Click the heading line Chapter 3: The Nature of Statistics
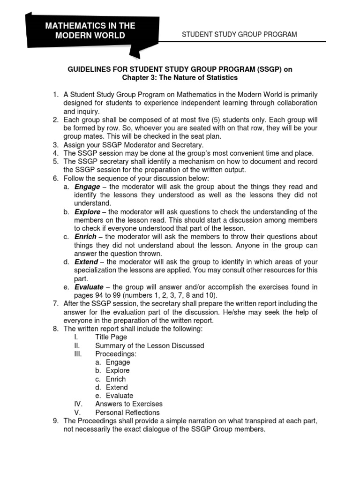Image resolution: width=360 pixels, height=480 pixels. (180, 77)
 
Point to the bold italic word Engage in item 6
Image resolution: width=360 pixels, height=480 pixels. (87, 187)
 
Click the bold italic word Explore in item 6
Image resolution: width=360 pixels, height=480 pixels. (87, 212)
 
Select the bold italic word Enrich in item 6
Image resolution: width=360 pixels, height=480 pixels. (85, 237)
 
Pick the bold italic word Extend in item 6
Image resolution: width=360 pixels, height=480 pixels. (86, 262)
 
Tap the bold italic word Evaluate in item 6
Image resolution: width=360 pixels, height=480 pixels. (89, 287)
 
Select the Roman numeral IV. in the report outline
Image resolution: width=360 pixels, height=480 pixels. (78, 404)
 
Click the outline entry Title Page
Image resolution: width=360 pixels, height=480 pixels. (111, 337)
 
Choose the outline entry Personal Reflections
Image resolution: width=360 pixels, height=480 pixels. (127, 412)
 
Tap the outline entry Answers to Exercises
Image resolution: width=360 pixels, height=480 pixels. (128, 404)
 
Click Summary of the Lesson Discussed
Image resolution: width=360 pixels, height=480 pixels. (150, 345)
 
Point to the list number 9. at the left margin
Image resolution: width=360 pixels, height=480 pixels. (56, 421)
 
